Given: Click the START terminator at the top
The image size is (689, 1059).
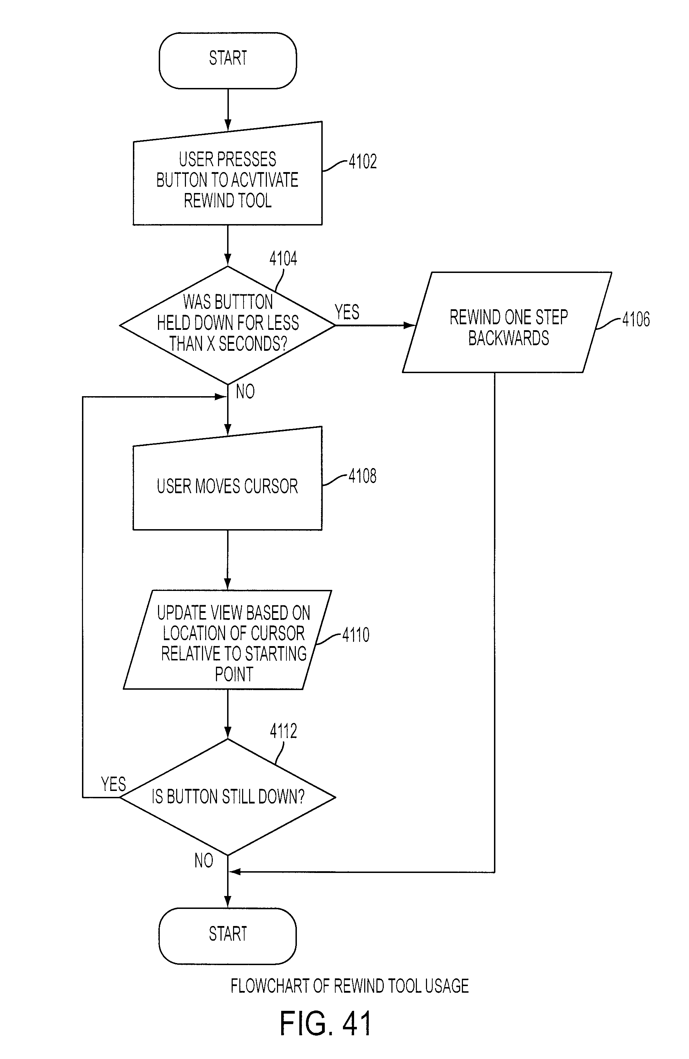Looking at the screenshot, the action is [228, 60].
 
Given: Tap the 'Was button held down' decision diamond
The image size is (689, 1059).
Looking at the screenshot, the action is [228, 325].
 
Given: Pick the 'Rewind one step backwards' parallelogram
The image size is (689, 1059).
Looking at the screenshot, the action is [507, 322].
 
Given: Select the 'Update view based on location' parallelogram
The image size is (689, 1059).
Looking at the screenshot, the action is [228, 640].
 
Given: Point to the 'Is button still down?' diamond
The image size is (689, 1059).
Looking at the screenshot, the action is [228, 797].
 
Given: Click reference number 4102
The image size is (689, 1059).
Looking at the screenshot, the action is [362, 162].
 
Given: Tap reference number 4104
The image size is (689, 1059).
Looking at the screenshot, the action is [283, 259].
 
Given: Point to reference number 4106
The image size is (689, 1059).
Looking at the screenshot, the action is [636, 319].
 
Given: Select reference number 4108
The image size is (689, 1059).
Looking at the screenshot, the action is [362, 476].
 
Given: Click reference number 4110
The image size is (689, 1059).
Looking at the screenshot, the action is [356, 635].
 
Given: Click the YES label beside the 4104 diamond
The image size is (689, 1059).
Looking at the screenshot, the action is [347, 312].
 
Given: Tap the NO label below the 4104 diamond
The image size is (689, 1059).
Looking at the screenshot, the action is [245, 392].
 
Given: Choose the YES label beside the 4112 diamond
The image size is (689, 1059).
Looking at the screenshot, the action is [113, 784].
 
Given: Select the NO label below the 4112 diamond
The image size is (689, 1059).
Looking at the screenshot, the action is [204, 861].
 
